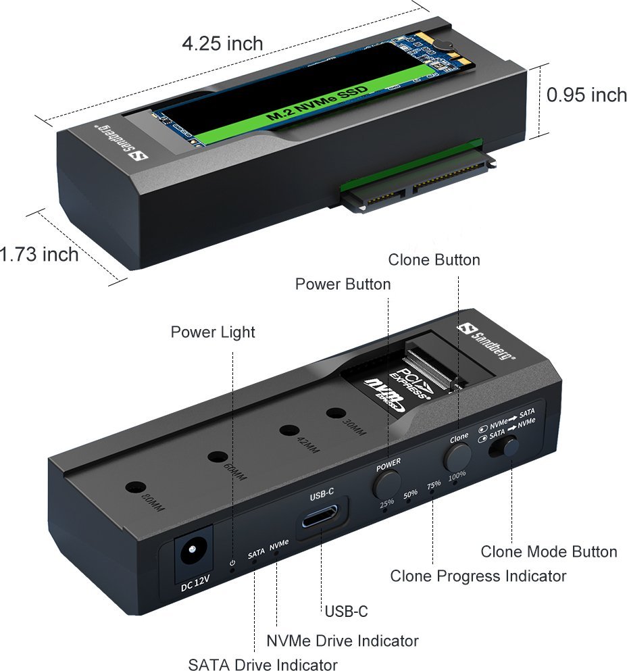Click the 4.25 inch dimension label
coord(222,44)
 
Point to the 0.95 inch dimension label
coord(586,95)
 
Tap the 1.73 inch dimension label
coord(39,254)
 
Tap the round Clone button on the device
coord(457,457)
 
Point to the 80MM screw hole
coord(135,487)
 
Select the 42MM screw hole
coord(290,430)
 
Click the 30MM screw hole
coord(336,414)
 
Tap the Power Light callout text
coord(213,332)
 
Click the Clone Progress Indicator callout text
coord(478,576)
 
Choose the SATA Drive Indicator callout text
coord(263,664)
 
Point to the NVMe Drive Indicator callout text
coord(343,641)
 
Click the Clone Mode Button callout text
coord(549,551)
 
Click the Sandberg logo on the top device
coord(120,143)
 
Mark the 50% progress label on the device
coord(410,494)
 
